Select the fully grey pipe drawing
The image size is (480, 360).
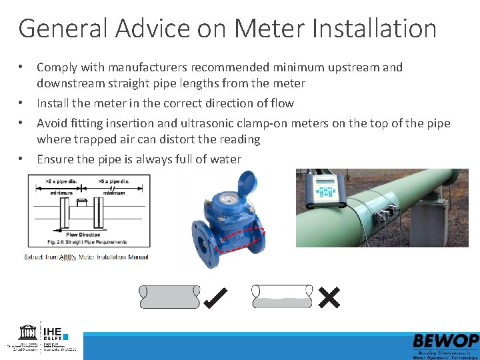(x=169, y=297)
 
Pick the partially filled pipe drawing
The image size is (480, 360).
(x=281, y=297)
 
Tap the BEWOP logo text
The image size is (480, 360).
(x=445, y=341)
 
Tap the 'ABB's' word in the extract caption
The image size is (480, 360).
(x=68, y=257)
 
